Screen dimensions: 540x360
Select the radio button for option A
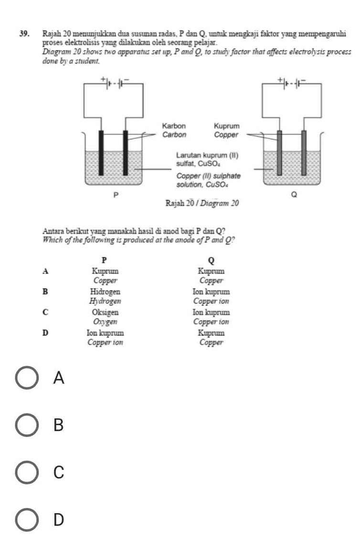[27, 378]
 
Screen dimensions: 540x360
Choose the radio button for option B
[27, 425]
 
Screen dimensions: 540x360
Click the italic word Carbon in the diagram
[174, 135]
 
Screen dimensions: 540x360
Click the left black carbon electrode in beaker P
[101, 152]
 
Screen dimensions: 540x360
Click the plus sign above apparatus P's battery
[101, 78]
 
